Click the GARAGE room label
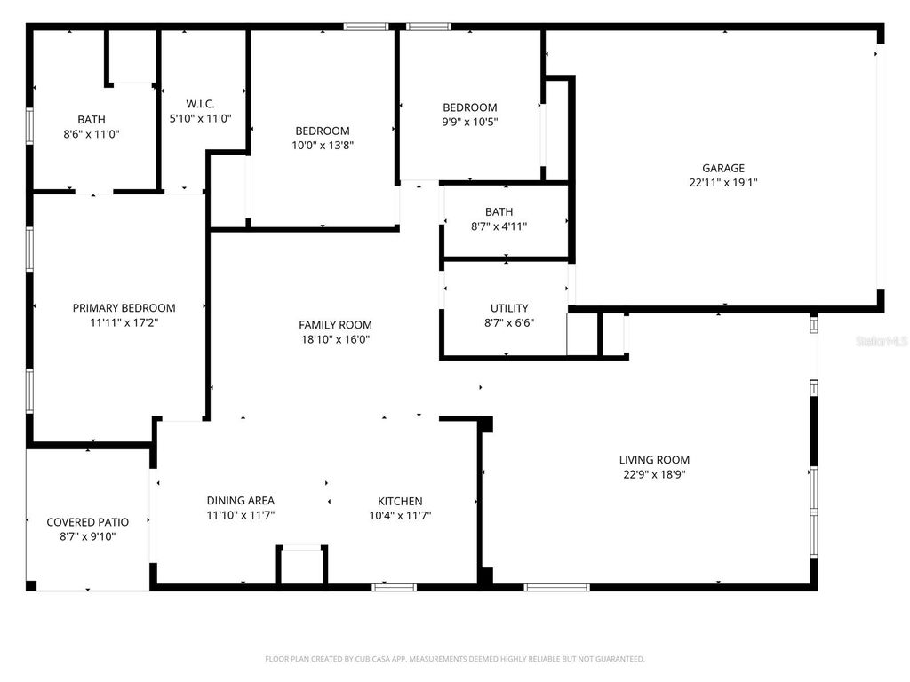point(722,168)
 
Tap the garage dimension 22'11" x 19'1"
point(722,182)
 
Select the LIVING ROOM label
point(654,460)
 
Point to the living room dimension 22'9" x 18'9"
point(654,474)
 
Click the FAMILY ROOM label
point(335,325)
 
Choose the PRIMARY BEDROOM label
point(124,308)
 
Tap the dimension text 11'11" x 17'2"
point(124,322)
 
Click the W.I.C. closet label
point(200,104)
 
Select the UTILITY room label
point(509,309)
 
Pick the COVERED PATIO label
point(87,522)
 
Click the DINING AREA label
point(240,501)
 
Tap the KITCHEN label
point(400,501)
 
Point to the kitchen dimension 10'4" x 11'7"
point(400,515)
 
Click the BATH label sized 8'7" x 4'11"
point(499,212)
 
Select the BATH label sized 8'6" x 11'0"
point(91,120)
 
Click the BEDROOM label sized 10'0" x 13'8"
point(322,131)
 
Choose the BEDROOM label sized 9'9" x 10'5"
point(469,107)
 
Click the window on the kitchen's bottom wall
point(394,587)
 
